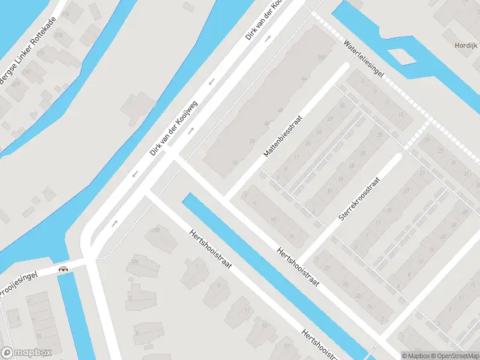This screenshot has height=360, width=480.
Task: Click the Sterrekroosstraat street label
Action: (x=359, y=198)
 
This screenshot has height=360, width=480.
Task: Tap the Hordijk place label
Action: (x=466, y=46)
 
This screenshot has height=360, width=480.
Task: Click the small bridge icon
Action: (x=62, y=269)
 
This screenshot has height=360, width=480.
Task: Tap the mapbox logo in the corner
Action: (x=26, y=353)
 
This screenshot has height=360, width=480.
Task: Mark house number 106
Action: (x=157, y=230)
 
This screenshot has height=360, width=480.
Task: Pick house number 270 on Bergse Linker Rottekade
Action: (x=41, y=53)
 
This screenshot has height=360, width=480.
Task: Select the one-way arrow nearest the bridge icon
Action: (x=114, y=223)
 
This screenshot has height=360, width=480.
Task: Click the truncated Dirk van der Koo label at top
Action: (x=264, y=19)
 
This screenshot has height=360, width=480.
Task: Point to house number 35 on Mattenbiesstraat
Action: (x=343, y=106)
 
